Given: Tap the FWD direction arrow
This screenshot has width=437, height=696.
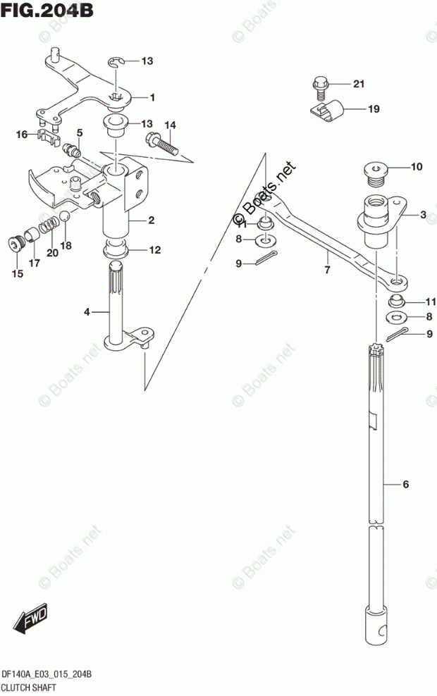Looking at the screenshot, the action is [32, 619].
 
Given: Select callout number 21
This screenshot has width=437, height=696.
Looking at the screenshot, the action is [359, 85].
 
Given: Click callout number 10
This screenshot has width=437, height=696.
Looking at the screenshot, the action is [417, 167].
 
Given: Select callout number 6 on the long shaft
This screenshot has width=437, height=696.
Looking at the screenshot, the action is [406, 485].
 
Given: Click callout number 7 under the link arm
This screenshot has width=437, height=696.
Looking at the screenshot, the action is [327, 269].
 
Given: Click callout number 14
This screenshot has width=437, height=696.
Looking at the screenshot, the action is [170, 125].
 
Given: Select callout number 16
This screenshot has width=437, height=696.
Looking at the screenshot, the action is [21, 134].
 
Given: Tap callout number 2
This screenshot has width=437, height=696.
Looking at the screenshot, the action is [151, 220].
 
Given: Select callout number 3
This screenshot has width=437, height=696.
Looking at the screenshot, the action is [423, 215].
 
